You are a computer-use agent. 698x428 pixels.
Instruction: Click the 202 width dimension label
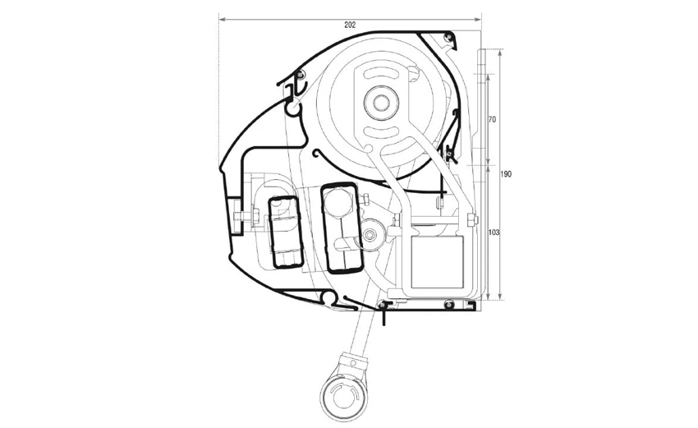pos(350,25)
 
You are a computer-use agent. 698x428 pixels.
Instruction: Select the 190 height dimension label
pos(506,174)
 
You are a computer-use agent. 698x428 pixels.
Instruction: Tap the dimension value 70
pos(492,119)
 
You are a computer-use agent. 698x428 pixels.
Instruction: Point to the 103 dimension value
pos(494,232)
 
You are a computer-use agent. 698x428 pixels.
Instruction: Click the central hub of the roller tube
pos(379,103)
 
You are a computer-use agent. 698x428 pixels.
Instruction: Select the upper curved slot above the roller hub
pos(379,73)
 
